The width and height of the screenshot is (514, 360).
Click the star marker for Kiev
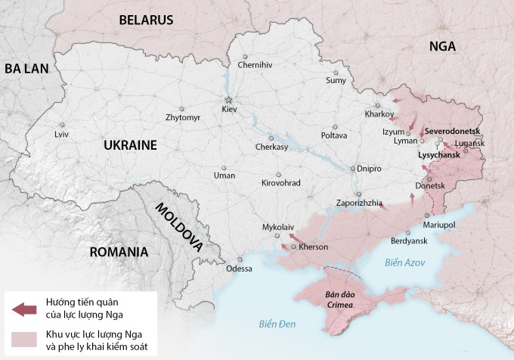click(228, 100)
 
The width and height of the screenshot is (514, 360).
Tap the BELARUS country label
click(146, 20)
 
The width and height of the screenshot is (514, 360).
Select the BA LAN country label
click(26, 68)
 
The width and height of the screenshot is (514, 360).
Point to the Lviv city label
click(61, 134)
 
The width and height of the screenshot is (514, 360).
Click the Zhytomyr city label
click(183, 118)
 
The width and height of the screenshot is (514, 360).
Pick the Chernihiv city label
click(255, 65)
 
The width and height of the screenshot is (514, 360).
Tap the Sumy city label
click(336, 80)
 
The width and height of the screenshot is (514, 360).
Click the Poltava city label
click(334, 135)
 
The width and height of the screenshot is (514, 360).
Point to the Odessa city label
click(239, 268)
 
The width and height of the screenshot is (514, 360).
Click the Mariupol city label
click(439, 225)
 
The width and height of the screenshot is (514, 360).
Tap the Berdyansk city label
click(409, 241)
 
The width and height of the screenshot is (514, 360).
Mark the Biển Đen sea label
click(277, 324)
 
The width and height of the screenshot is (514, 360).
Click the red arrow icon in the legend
click(24, 309)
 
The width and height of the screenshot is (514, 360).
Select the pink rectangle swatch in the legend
click(24, 340)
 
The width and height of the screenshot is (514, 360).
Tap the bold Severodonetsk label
click(453, 131)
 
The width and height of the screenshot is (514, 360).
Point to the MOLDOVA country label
click(178, 226)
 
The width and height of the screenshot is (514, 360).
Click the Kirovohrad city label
click(280, 183)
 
